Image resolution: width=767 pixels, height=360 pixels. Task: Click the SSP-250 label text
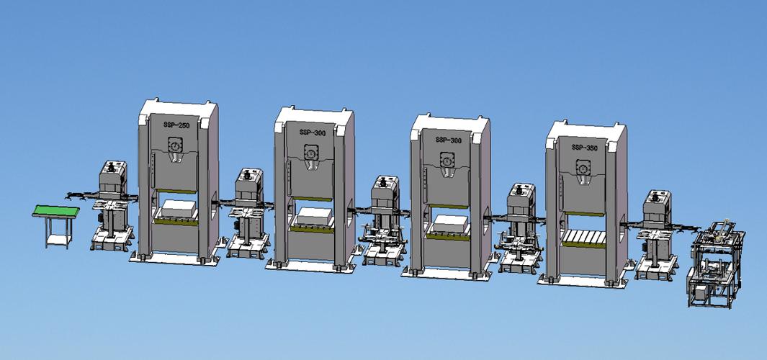click(176, 125)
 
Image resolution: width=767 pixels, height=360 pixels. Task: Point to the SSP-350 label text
click(584, 147)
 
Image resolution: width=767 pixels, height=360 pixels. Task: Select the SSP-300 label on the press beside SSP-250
click(312, 132)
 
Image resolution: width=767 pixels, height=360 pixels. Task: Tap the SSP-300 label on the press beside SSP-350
click(448, 140)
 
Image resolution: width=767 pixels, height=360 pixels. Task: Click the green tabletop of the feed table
click(55, 211)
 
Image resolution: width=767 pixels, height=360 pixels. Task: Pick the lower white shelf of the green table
click(59, 239)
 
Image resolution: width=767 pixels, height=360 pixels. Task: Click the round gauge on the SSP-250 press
click(174, 145)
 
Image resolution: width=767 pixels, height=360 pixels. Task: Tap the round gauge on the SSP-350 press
click(583, 168)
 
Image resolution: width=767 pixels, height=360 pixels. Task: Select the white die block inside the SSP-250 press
click(179, 209)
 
